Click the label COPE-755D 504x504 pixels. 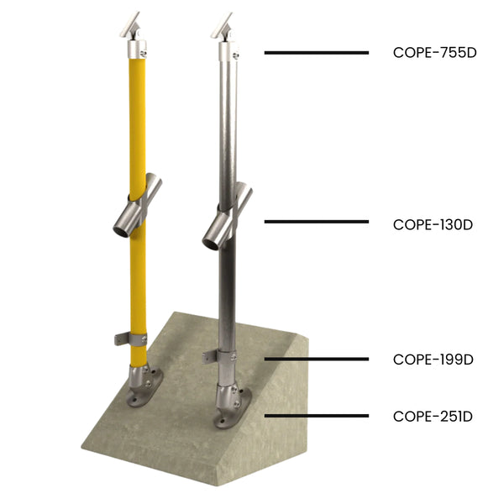[434, 52]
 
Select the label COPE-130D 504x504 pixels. [434, 224]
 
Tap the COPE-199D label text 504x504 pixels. [434, 360]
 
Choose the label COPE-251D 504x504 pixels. [434, 416]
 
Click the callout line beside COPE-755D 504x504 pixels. [316, 52]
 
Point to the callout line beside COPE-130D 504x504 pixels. [316, 222]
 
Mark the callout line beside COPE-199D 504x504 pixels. [316, 359]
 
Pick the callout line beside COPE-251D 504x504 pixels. [316, 416]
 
